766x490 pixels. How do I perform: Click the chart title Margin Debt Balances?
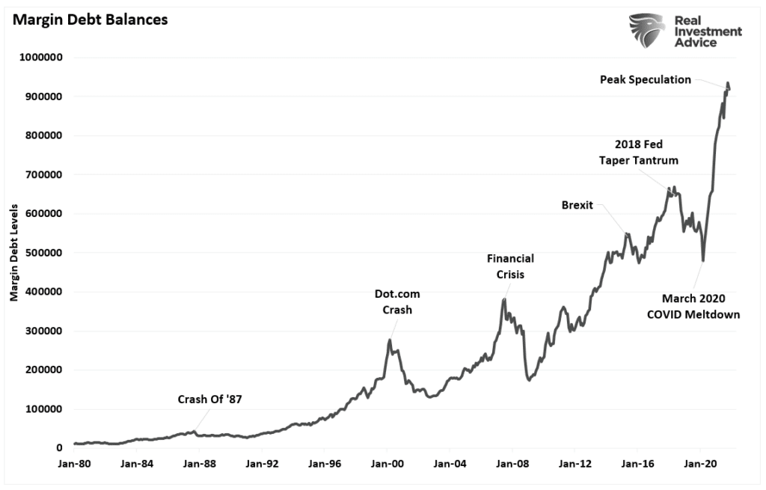click(x=88, y=19)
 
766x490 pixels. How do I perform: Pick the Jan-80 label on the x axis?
click(x=75, y=464)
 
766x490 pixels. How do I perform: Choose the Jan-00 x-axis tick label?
click(x=387, y=464)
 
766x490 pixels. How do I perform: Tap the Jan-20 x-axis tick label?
click(x=699, y=464)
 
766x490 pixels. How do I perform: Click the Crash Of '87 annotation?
click(x=209, y=399)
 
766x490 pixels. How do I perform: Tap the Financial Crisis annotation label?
click(x=510, y=266)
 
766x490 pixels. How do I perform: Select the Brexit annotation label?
click(x=577, y=205)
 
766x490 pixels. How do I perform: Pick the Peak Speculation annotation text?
click(x=646, y=79)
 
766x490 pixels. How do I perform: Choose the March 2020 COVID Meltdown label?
click(x=693, y=307)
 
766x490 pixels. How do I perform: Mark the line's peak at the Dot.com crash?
click(x=390, y=340)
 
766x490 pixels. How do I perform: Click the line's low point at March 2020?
click(x=703, y=260)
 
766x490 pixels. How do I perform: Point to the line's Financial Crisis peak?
click(x=505, y=299)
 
